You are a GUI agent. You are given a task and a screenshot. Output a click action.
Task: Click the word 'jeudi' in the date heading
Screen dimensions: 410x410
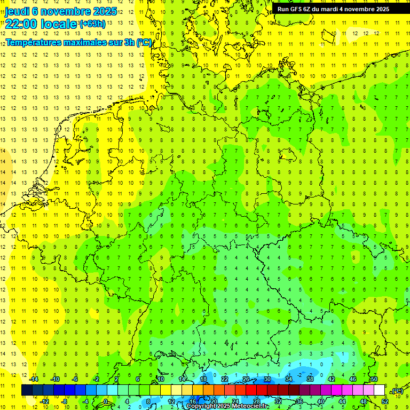click(x=18, y=11)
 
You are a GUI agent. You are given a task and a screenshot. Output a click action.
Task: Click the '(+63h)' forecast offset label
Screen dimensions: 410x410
click(x=92, y=23)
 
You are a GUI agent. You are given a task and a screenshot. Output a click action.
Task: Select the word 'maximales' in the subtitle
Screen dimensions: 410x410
click(x=83, y=42)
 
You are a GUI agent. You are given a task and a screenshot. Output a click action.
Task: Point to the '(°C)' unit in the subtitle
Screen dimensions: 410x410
click(x=144, y=42)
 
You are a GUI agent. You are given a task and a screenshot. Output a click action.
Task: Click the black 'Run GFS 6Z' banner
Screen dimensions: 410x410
click(x=333, y=9)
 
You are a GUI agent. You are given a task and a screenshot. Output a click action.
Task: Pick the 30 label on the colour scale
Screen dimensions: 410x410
click(x=267, y=379)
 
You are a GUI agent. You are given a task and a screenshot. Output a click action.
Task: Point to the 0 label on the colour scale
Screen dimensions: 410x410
click(x=106, y=401)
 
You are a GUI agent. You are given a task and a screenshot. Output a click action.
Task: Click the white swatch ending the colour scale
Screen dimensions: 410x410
click(x=380, y=390)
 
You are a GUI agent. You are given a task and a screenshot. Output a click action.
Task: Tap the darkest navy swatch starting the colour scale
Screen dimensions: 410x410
click(x=27, y=390)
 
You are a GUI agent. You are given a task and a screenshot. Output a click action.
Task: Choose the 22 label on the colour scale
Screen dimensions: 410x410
click(x=225, y=379)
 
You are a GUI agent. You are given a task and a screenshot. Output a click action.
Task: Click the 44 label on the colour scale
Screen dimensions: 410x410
click(x=342, y=401)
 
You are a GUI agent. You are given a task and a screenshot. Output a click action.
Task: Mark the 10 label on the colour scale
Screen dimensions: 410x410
click(x=161, y=379)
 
